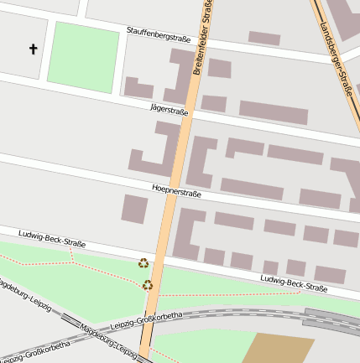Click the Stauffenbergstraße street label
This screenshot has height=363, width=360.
(x=159, y=35)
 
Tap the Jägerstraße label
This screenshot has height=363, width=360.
(x=169, y=110)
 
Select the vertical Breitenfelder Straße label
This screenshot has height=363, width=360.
(x=202, y=39)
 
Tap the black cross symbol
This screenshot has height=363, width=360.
(x=34, y=49)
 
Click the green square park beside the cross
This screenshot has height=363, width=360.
(x=82, y=56)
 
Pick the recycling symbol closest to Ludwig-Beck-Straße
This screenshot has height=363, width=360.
(x=143, y=263)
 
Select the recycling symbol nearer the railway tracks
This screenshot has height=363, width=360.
(x=148, y=285)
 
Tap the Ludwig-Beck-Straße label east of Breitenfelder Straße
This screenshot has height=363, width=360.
(x=294, y=283)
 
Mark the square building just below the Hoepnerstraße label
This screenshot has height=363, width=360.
(x=134, y=209)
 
